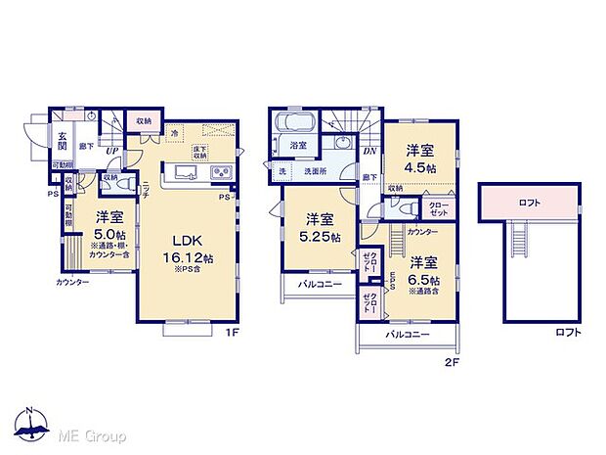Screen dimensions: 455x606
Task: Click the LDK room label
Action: click(x=187, y=240)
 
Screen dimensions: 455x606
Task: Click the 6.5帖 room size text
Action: click(x=423, y=278)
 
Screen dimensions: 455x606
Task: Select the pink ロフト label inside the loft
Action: click(x=529, y=203)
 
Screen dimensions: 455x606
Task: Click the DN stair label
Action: click(x=370, y=152)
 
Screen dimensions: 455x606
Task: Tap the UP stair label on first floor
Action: click(x=112, y=150)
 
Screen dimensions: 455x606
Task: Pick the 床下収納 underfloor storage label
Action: click(x=200, y=152)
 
